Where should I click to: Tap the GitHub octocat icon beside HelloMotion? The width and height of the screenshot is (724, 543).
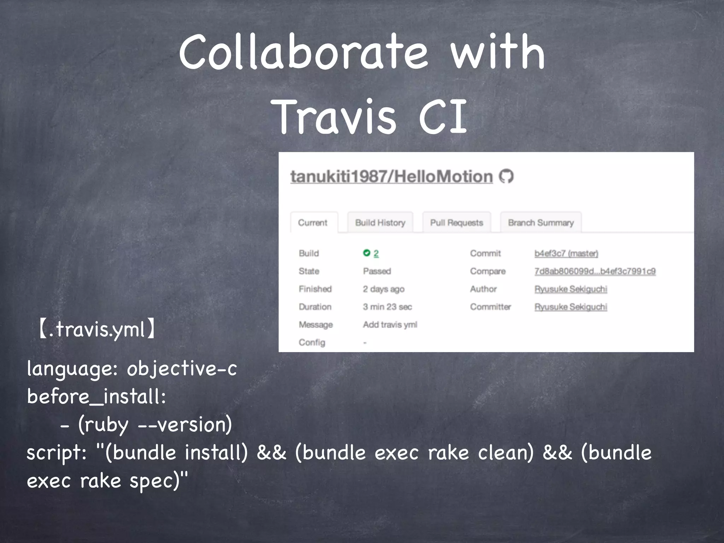click(x=506, y=176)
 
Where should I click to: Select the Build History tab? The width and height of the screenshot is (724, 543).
click(x=380, y=223)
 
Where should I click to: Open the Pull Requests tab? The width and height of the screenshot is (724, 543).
click(x=456, y=223)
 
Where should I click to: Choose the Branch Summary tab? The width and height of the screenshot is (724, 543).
click(x=541, y=223)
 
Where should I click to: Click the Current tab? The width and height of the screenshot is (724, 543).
click(x=313, y=223)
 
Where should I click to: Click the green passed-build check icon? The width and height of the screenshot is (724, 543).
click(x=367, y=253)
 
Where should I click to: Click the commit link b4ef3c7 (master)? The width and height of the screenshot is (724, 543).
click(x=566, y=253)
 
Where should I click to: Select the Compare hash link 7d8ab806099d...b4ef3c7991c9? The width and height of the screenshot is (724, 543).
click(x=595, y=271)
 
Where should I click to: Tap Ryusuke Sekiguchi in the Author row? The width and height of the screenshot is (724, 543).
click(x=571, y=289)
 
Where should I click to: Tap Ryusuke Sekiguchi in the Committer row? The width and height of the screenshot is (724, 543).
click(x=571, y=307)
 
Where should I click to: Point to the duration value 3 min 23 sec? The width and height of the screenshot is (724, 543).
click(x=387, y=307)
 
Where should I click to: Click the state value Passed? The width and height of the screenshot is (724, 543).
click(x=377, y=271)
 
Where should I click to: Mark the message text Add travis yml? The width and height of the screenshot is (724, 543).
click(x=390, y=325)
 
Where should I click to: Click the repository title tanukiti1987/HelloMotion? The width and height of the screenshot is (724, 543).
click(x=391, y=176)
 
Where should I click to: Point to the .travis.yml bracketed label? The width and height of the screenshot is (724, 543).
click(x=96, y=329)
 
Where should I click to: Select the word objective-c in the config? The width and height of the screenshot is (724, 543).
click(x=182, y=369)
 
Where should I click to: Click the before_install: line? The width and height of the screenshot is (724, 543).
click(x=96, y=397)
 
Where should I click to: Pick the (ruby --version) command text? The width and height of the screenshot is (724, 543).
click(x=155, y=425)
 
